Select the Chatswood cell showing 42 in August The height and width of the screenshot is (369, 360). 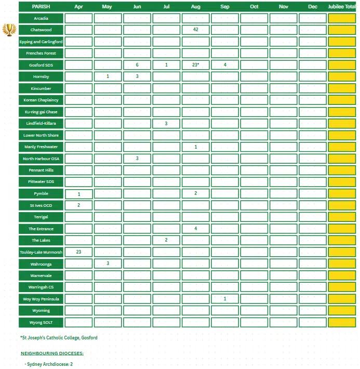click(196, 30)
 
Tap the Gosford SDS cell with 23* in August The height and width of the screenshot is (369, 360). click(196, 65)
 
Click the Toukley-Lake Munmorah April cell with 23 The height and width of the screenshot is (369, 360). click(78, 252)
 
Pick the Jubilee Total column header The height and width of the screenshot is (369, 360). click(342, 6)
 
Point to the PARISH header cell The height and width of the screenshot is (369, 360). click(41, 6)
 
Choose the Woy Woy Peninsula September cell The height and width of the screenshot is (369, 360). click(225, 299)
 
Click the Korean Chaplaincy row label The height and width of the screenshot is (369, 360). click(41, 100)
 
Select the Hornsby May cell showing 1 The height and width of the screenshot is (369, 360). click(108, 76)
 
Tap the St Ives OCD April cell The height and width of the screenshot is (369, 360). click(78, 205)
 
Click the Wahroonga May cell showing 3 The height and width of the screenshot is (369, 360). click(108, 263)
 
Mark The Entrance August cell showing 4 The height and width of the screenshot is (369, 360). click(196, 229)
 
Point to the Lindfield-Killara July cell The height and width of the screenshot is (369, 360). click(166, 123)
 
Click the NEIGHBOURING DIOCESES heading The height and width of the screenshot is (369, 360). click(52, 353)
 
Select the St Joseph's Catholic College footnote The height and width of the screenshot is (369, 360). click(59, 338)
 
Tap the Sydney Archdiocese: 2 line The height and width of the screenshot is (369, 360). click(50, 364)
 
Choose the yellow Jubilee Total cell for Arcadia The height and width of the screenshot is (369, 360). click(342, 18)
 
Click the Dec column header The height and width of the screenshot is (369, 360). click(313, 6)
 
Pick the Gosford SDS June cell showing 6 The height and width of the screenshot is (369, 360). click(137, 65)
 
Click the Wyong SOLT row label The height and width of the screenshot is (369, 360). click(41, 322)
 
